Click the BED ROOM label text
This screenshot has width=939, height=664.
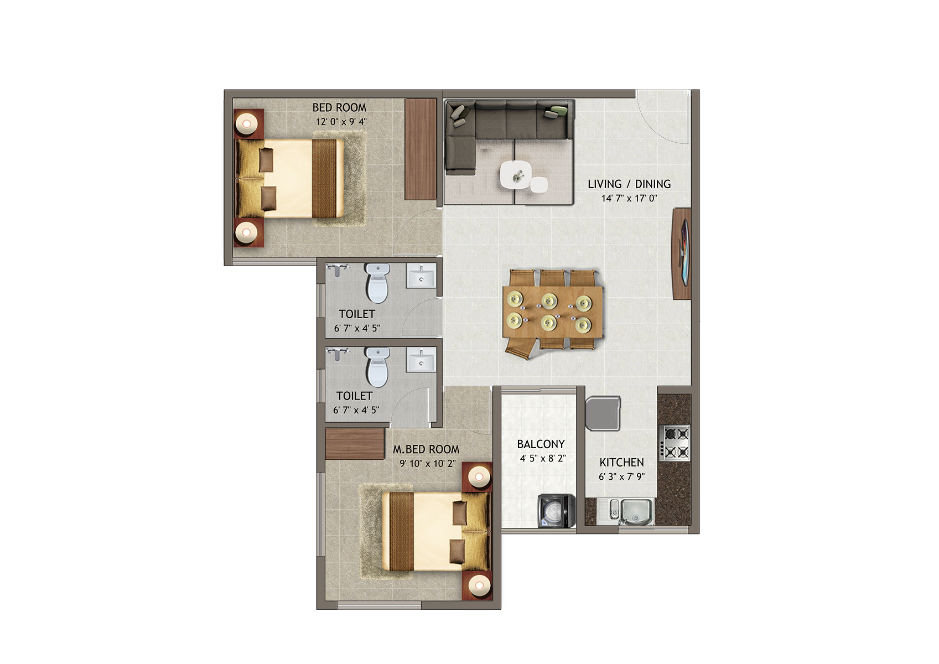tap(339, 108)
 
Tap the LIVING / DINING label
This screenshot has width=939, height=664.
tap(629, 184)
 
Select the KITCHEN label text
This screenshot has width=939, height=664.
tap(621, 463)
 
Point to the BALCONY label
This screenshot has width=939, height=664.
tap(541, 444)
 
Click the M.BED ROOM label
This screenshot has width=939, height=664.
tap(426, 449)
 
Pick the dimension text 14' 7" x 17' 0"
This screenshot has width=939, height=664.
tap(629, 198)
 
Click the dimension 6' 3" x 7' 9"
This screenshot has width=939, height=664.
tap(622, 476)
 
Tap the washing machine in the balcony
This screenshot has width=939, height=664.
tap(557, 511)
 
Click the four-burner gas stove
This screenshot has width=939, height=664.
tap(675, 443)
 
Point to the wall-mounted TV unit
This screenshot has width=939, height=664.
tap(681, 253)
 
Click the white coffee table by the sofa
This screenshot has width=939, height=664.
tap(516, 174)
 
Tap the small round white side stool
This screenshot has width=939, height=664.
tap(539, 185)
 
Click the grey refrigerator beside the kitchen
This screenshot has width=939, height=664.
tap(603, 414)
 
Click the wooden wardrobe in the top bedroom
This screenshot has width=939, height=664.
tap(421, 149)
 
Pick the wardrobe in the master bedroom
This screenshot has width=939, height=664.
tap(355, 444)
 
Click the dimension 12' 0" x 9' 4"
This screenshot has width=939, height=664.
tap(341, 122)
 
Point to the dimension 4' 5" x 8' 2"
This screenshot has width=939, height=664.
tap(543, 459)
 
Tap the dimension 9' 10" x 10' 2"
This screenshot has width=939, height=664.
tap(428, 464)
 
